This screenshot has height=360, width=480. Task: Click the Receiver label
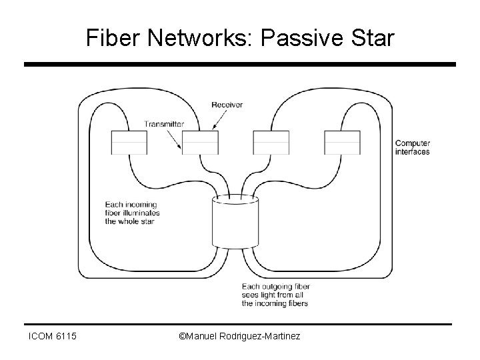[x=227, y=105]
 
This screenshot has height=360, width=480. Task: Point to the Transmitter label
[x=165, y=124]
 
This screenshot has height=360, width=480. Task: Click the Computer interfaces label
[x=412, y=147]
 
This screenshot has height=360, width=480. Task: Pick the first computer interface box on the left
[x=129, y=143]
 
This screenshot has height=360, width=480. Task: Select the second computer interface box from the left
[x=200, y=143]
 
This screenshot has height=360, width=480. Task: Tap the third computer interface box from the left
[x=271, y=143]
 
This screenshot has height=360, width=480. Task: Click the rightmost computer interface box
[x=342, y=143]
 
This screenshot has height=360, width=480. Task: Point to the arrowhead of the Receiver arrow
[x=213, y=127]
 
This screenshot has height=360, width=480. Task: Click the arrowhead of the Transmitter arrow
[x=182, y=147]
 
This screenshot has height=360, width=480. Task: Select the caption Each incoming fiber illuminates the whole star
[x=132, y=213]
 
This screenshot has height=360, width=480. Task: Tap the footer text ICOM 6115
[x=53, y=337]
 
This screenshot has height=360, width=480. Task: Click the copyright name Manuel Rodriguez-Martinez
[x=244, y=337]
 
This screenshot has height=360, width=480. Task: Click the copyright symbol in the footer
[x=184, y=337]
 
